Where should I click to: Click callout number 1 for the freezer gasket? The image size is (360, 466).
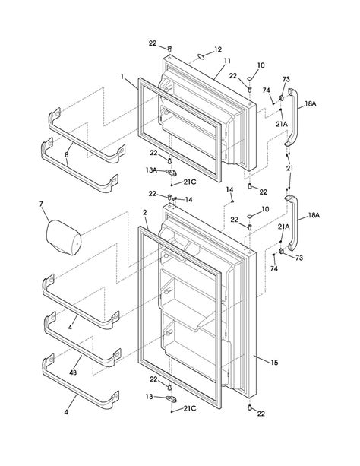tap(122, 77)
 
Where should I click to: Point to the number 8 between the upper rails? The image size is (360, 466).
tap(66, 154)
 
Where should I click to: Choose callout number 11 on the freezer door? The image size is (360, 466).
tap(227, 59)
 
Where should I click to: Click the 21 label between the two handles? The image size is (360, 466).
tap(289, 167)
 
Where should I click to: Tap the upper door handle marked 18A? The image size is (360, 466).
tap(291, 121)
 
